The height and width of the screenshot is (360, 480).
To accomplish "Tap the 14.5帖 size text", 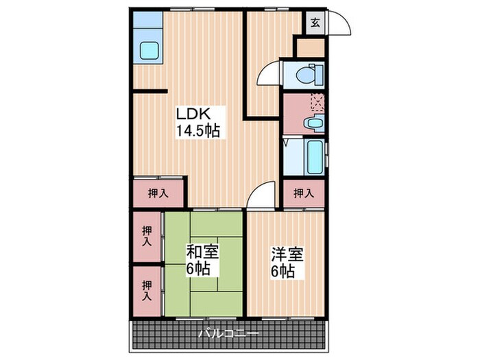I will pyautogui.click(x=198, y=130).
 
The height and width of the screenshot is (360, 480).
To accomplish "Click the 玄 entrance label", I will pyautogui.click(x=315, y=23).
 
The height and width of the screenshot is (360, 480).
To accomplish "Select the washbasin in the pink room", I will pyautogui.click(x=314, y=124).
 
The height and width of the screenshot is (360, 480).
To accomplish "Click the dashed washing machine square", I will pyautogui.click(x=317, y=103).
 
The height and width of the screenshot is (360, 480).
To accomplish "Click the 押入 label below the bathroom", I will pyautogui.click(x=304, y=193).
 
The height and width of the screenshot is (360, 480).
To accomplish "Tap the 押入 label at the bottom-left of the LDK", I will pyautogui.click(x=158, y=193).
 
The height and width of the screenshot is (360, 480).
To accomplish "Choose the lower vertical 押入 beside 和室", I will pyautogui.click(x=147, y=291).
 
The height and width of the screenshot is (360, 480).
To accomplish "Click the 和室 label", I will pyautogui.click(x=203, y=252).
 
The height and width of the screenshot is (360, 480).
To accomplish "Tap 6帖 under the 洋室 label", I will pyautogui.click(x=283, y=272).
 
